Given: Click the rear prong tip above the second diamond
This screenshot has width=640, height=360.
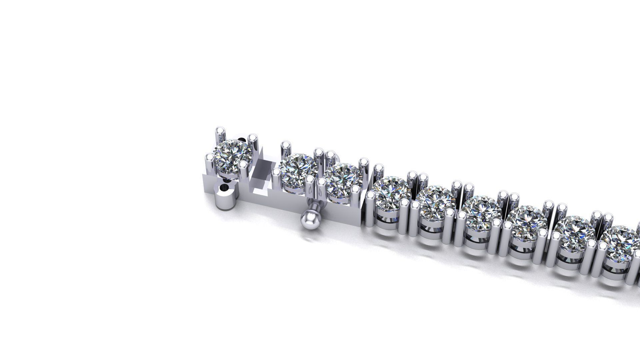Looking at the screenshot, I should coord(286,146).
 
